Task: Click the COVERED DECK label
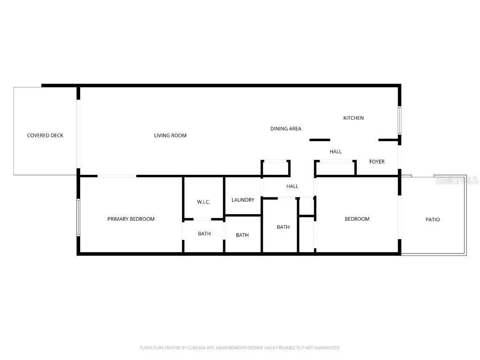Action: pos(45,135)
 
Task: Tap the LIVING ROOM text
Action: pos(170,135)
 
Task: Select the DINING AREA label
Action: pos(285,128)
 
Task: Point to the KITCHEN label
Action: pos(353,118)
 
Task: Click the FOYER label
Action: pos(377,162)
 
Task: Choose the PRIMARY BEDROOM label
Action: pos(131,219)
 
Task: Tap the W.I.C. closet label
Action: pos(203,202)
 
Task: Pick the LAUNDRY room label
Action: pos(243,200)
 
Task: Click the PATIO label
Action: pos(433,219)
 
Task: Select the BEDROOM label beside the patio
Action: pos(357,219)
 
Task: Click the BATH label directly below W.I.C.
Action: pos(204,233)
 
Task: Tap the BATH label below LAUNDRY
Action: pos(242,235)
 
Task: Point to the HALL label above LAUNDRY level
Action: pos(292,186)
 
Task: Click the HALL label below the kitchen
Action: pos(336,151)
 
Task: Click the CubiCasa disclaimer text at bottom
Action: pos(240,348)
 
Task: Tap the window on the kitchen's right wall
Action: pos(400,120)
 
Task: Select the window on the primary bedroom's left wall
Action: pos(78,218)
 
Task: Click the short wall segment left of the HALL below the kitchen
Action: pos(320,140)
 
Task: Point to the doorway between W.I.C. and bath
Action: pos(202,219)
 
